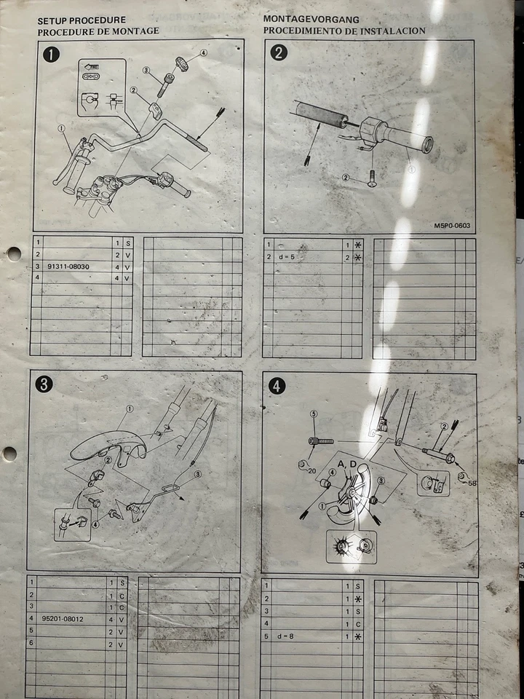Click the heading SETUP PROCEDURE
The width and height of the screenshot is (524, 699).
point(82,20)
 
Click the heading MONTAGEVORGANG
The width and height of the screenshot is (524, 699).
point(312,20)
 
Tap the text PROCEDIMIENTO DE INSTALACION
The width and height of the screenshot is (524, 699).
point(344,31)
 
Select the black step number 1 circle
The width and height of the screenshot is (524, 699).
point(51,54)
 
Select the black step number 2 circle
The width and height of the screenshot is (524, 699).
point(279,52)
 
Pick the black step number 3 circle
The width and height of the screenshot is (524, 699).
point(44,384)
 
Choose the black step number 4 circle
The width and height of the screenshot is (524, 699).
point(277,387)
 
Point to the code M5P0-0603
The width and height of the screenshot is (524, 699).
point(452,226)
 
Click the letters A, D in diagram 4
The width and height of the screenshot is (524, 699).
point(347,464)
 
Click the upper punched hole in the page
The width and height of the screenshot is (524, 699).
point(13,253)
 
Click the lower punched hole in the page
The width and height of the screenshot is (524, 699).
point(9,454)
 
